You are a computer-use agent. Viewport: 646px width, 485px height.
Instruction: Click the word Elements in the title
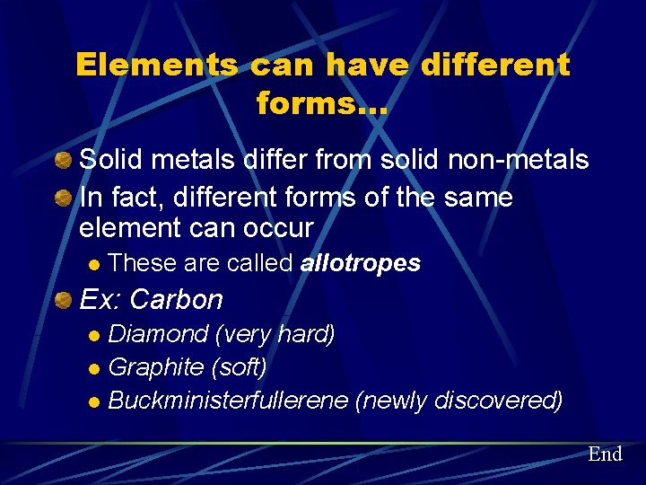pyautogui.click(x=157, y=65)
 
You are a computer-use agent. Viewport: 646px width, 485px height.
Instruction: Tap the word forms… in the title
pyautogui.click(x=322, y=104)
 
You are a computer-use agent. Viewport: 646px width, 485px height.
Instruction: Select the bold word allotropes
pyautogui.click(x=361, y=263)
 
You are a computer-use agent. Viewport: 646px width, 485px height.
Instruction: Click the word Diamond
pyautogui.click(x=158, y=335)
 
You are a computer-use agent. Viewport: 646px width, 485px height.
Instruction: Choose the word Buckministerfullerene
pyautogui.click(x=228, y=400)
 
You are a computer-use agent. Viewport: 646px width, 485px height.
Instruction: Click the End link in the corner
pyautogui.click(x=605, y=454)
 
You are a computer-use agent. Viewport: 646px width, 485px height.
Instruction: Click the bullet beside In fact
pyautogui.click(x=63, y=196)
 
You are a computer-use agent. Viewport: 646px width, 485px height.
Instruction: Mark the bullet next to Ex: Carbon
pyautogui.click(x=63, y=298)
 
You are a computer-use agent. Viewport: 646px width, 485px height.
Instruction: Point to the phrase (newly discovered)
pyautogui.click(x=459, y=400)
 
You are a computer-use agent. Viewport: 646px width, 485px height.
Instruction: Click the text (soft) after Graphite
pyautogui.click(x=239, y=367)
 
